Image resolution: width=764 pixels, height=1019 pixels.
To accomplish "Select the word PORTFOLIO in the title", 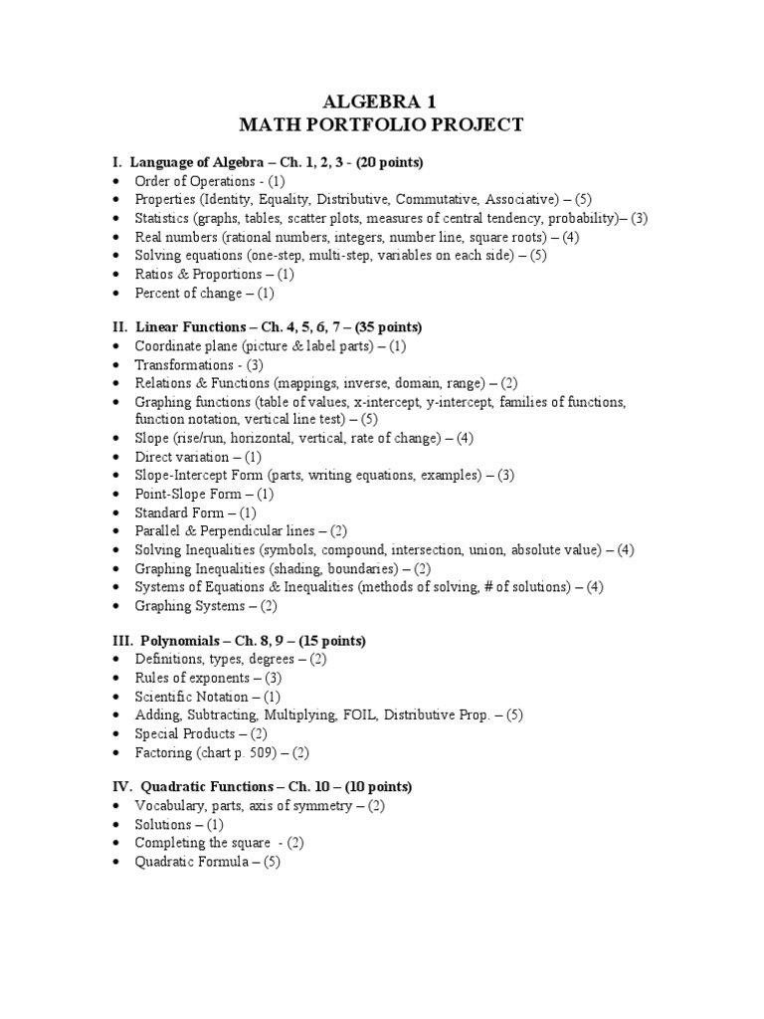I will pos(388,125).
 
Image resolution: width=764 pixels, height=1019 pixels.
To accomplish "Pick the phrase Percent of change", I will pos(188,293).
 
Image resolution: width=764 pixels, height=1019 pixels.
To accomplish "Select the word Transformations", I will pos(184,364).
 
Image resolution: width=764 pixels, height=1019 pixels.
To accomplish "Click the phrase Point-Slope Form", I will pos(190,494).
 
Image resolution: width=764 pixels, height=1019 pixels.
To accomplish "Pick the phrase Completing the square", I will pos(204,843).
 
